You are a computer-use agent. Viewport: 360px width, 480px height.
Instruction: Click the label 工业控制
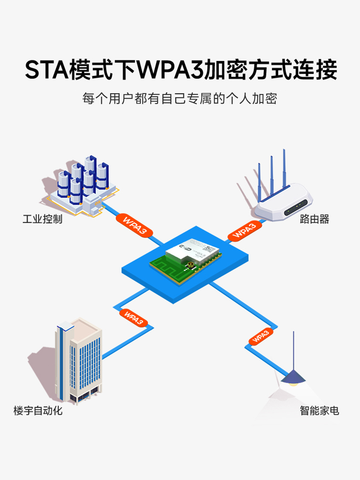42,219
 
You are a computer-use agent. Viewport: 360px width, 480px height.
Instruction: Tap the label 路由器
314,219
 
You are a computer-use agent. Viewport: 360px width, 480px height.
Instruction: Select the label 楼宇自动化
38,411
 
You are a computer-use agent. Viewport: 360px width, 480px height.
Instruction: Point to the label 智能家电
319,411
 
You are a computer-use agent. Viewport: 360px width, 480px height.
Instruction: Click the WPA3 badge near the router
244,231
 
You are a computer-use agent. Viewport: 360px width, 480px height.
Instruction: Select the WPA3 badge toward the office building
134,318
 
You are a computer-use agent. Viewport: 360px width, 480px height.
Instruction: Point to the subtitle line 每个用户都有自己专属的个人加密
180,98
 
